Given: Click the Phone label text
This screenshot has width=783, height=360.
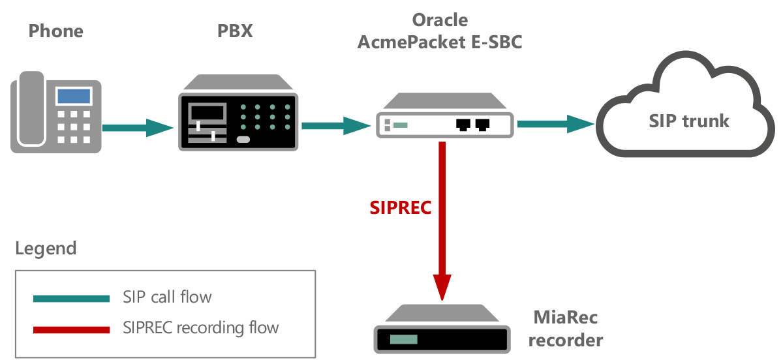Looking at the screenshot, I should coord(56,31).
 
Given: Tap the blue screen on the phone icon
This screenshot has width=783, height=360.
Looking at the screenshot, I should coord(73,96).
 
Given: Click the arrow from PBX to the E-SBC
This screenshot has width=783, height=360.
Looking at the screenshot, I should coord(335,125).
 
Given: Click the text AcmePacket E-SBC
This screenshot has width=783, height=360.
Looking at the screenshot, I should coord(440,43).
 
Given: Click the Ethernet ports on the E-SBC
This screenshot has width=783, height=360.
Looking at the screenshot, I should coord(474,124).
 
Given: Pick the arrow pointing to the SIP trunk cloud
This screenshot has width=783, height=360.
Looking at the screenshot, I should coord(555,123).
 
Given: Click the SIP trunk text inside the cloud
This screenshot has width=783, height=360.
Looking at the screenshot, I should coord(689,121).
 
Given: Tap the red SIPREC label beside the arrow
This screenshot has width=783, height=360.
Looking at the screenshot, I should coord(401,207).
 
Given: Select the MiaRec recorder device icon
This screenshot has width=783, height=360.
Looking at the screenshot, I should coord(442,332).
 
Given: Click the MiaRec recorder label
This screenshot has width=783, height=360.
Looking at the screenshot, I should coord(565,329).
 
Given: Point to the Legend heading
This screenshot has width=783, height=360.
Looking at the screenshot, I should coord(46,248).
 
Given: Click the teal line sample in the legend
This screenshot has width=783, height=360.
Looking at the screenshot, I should coord(71,298).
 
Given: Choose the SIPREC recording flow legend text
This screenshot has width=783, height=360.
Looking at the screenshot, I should coord(200,327).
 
